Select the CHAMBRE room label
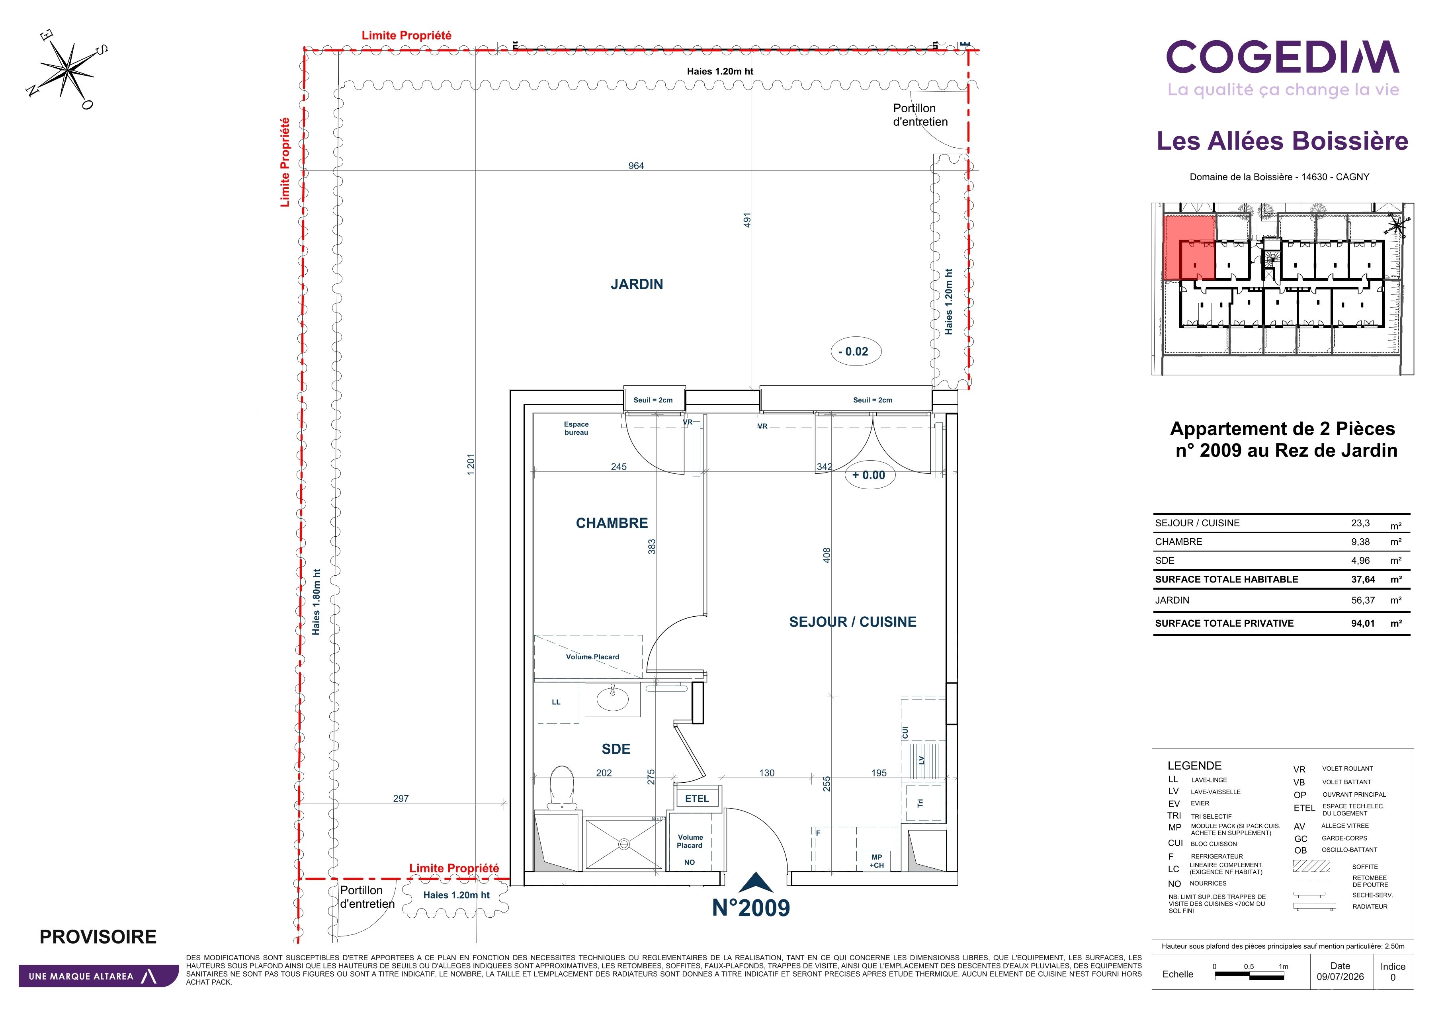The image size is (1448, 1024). point(612,523)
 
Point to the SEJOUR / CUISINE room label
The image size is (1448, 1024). point(853,622)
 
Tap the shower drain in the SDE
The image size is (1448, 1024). point(624,844)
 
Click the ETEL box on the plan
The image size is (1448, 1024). point(697,798)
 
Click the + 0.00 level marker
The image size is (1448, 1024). point(869,475)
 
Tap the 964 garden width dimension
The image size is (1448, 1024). point(636,166)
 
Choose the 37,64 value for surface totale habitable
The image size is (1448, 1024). point(1363,579)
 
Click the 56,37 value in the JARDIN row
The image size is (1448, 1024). point(1363,600)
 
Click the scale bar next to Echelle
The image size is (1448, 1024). point(1249,977)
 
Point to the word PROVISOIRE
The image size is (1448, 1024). point(98,937)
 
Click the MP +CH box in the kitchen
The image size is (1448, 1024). point(877,861)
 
